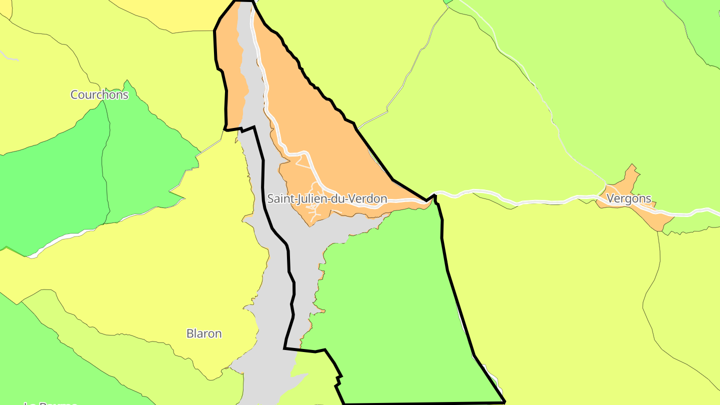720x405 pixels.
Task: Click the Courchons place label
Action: coord(99,94)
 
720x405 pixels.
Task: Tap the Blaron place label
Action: coord(204,333)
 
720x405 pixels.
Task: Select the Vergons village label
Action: coord(629,198)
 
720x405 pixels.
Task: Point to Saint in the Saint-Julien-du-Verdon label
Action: coord(280,198)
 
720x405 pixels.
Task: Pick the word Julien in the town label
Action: coord(312,198)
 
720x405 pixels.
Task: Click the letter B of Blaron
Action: coord(190,333)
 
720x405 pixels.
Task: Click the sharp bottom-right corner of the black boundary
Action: coord(504,401)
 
